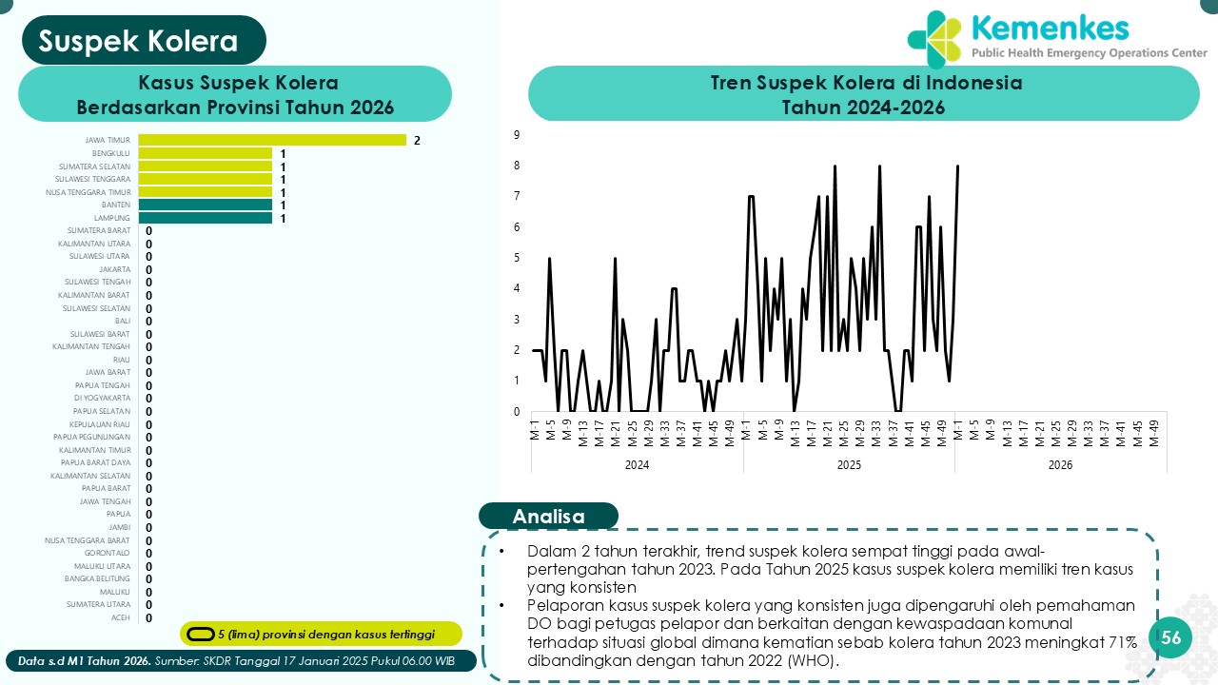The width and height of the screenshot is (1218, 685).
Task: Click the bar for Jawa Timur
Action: click(272, 140)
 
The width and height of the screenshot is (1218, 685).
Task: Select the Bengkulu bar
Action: click(206, 153)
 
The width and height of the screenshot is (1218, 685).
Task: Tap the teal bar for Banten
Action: click(206, 205)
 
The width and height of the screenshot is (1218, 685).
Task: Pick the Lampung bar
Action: click(206, 218)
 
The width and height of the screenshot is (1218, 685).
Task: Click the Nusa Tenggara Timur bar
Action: click(206, 192)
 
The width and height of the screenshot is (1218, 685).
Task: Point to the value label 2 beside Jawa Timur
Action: click(417, 141)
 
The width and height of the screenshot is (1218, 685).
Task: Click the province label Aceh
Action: click(121, 617)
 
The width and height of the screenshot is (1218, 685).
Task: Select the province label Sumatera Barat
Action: click(99, 231)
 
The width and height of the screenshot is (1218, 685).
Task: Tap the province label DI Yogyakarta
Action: click(102, 399)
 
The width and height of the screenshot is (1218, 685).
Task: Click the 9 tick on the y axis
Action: click(517, 135)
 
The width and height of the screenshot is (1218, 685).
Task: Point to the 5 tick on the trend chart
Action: click(517, 258)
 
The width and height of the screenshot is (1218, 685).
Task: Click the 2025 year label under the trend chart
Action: click(849, 465)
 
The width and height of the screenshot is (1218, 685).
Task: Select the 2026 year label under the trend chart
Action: click(1060, 465)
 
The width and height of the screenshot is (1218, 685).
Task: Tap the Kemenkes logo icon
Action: click(934, 40)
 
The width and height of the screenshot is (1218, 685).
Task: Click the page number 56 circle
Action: click(1170, 637)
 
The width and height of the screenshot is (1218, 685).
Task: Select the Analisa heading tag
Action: click(548, 516)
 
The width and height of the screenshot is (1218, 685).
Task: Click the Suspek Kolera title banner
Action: click(143, 41)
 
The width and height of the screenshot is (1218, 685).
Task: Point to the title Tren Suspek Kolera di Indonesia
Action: click(865, 83)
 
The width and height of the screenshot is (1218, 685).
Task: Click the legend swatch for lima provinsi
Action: click(200, 634)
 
